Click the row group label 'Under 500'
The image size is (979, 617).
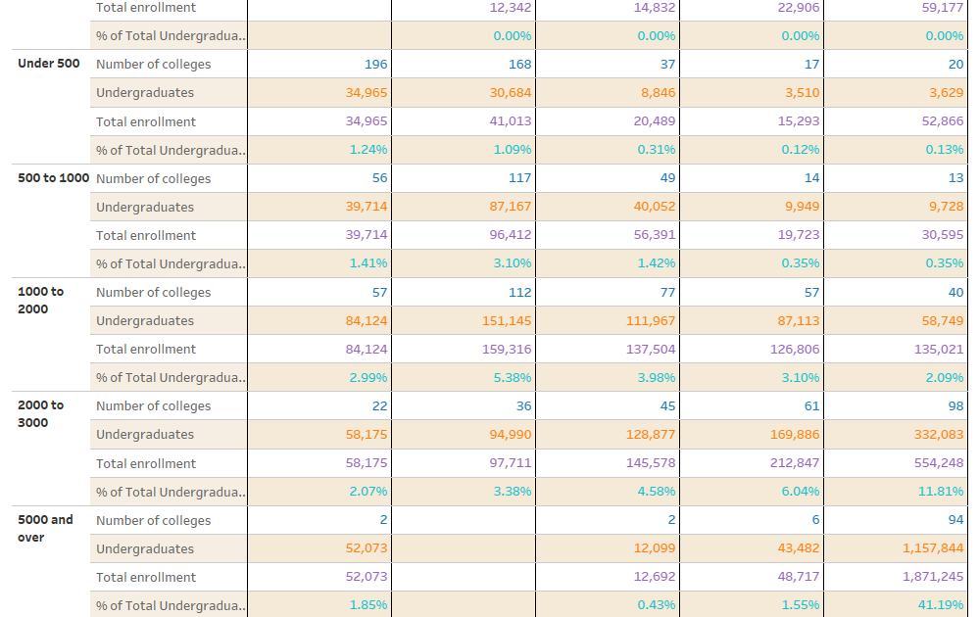click(49, 64)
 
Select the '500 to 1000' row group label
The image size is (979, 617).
click(53, 178)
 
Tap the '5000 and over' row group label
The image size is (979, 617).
click(45, 528)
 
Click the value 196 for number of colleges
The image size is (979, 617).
click(375, 64)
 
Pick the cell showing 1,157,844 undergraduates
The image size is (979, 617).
click(933, 548)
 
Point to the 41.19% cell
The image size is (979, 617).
click(940, 605)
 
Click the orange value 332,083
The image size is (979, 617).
click(938, 434)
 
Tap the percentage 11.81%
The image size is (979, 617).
click(940, 492)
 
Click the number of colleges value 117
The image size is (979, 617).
click(519, 178)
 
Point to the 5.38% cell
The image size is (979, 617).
click(513, 377)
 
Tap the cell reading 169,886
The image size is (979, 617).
click(795, 434)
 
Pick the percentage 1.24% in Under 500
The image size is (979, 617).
click(368, 150)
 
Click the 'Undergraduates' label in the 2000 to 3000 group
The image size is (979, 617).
click(145, 434)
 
